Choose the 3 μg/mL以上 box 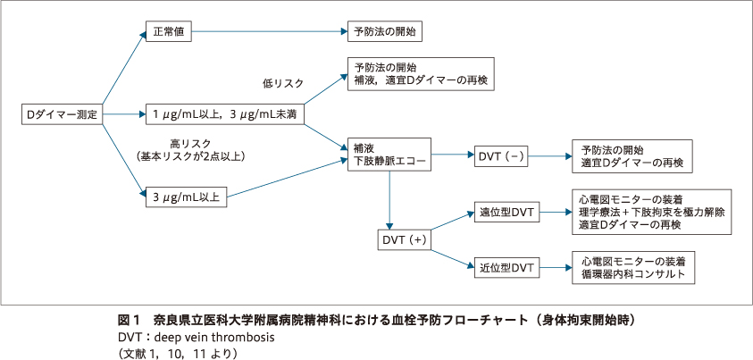click(186, 197)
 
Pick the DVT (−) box click(500, 157)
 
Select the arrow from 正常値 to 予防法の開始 click(268, 32)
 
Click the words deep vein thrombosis click(214, 338)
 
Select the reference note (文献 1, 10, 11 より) click(179, 353)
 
